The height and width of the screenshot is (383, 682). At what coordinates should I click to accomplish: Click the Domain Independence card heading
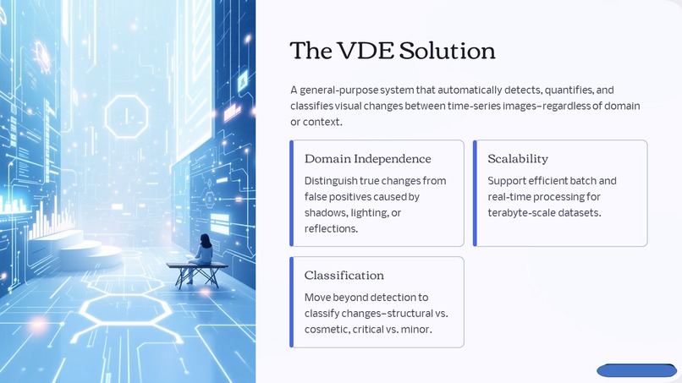point(367,159)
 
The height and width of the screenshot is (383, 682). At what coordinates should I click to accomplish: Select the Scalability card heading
point(518,159)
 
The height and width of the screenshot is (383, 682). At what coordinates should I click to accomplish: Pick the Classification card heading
point(344,276)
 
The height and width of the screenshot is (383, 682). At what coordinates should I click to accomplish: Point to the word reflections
point(331,228)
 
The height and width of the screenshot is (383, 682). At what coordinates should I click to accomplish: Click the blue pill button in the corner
point(635,370)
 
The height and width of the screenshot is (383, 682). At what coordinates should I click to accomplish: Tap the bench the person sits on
point(197,269)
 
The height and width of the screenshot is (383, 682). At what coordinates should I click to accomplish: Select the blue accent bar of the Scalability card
point(475,194)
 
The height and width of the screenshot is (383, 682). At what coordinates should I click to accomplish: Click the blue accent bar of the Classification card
point(292,302)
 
